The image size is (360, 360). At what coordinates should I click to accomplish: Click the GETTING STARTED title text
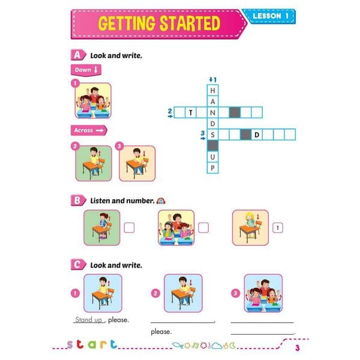(x=159, y=24)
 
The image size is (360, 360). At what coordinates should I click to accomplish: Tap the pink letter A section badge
(x=76, y=55)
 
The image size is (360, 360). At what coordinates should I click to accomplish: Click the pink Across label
(x=88, y=130)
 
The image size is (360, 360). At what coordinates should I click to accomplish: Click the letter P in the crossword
(x=212, y=168)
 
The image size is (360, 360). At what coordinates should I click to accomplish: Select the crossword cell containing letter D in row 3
(x=256, y=134)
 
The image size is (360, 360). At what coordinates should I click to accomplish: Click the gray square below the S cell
(x=212, y=146)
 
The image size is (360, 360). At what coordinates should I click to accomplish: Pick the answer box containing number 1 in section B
(x=278, y=227)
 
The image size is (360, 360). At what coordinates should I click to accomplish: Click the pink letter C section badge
(x=76, y=264)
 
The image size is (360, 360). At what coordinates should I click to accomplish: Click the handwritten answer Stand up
(x=88, y=320)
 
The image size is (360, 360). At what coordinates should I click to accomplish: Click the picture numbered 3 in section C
(x=263, y=293)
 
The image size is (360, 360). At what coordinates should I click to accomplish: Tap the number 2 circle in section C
(x=155, y=293)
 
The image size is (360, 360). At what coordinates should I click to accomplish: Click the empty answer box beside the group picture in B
(x=203, y=227)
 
